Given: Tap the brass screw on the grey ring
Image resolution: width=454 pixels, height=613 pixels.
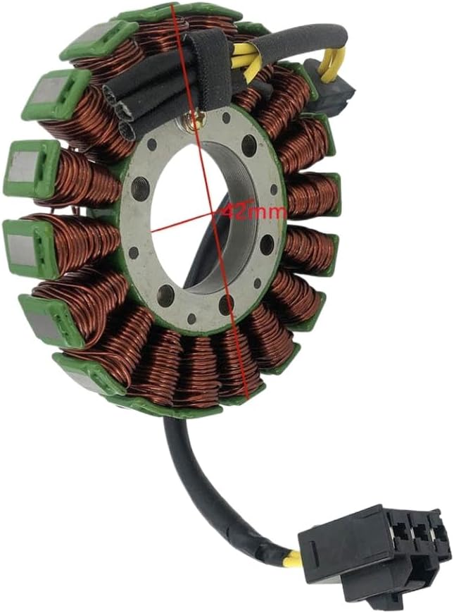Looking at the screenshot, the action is pyautogui.click(x=194, y=122).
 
